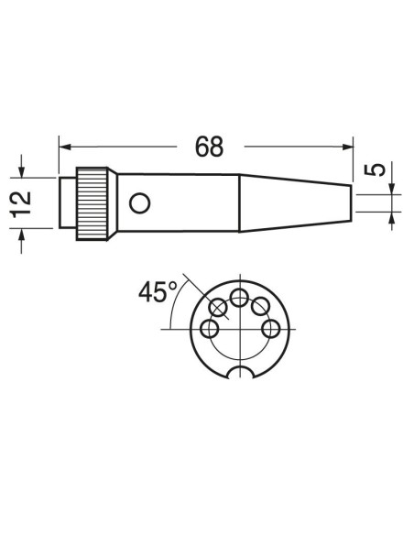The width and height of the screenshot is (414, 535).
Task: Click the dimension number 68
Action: point(210,147)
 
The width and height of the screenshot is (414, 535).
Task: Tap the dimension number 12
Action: point(21,204)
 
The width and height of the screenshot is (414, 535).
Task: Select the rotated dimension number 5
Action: point(375,169)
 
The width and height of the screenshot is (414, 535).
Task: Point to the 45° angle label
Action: point(158,292)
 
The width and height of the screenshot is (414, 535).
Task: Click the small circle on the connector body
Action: point(139,203)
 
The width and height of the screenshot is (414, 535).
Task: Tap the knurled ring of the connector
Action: point(92,203)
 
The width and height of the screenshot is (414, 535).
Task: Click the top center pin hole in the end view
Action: point(239,298)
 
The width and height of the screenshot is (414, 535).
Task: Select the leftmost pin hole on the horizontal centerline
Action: point(210,329)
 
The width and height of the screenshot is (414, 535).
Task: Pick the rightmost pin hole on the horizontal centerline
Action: point(271,329)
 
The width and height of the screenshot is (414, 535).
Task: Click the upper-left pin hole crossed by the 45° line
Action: point(218,307)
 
